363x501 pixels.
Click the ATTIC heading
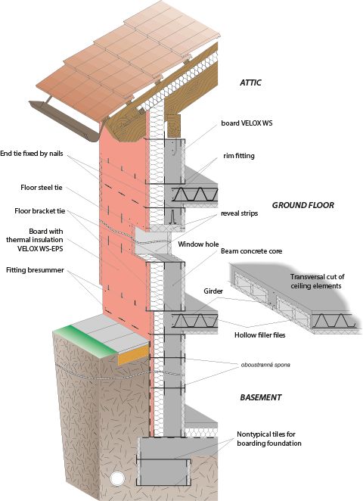(250, 82)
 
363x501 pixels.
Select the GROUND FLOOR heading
(303, 205)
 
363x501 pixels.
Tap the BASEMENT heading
(261, 397)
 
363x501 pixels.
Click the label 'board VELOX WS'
(247, 123)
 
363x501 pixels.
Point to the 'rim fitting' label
(239, 156)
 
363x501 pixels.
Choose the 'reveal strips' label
(240, 213)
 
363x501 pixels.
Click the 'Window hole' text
(198, 244)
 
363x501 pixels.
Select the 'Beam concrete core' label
(252, 251)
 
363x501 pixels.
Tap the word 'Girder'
(213, 291)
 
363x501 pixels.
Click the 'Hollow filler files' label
(260, 335)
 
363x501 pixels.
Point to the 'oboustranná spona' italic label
(265, 365)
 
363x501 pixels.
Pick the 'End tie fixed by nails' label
(32, 154)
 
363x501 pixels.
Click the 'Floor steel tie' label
(42, 188)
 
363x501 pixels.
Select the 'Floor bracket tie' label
(40, 211)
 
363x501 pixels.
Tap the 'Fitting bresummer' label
(35, 270)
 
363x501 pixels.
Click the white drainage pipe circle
(117, 478)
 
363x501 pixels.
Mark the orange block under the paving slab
(133, 355)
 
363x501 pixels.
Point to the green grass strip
(86, 341)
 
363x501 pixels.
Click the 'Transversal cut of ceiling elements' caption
(317, 282)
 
